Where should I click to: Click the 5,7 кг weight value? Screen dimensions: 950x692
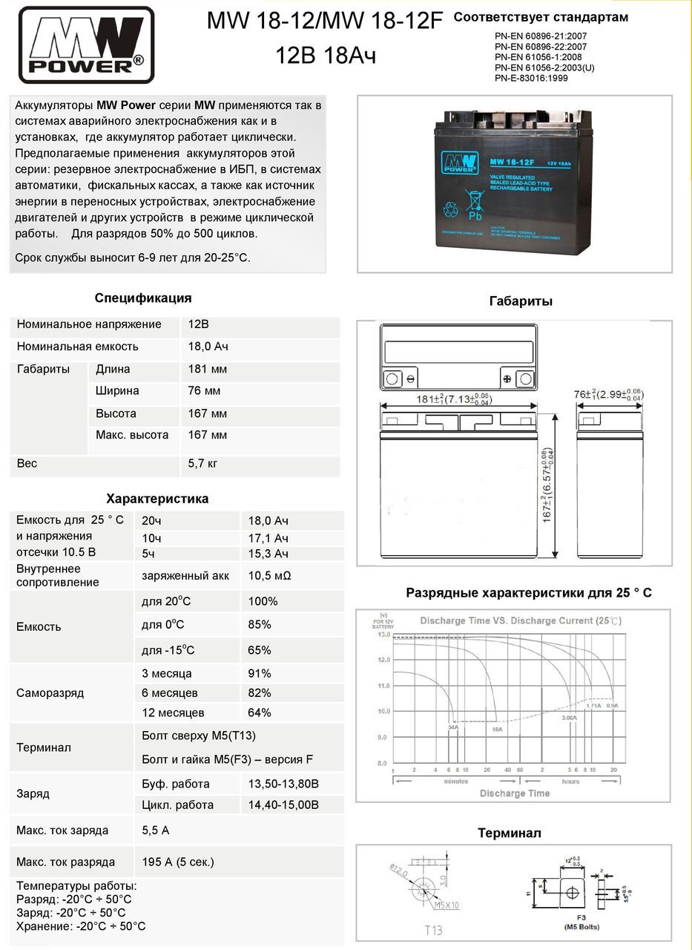203,464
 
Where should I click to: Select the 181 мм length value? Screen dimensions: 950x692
208,370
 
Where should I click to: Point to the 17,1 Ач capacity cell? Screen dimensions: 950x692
268,538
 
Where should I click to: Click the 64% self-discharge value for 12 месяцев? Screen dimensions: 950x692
260,713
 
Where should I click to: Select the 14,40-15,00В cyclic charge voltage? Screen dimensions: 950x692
283,805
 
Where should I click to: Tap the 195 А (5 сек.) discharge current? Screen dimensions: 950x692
178,862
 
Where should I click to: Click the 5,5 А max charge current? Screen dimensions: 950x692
156,831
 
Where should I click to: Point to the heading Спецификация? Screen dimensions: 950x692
143,298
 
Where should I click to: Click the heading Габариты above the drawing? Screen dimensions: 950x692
521,301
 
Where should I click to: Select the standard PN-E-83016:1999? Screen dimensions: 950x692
531,78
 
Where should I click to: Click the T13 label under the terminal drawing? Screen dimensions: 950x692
434,930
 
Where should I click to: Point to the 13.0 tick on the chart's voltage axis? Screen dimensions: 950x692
383,635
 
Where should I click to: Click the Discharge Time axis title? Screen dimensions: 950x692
514,793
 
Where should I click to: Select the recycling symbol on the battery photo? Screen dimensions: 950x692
450,210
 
